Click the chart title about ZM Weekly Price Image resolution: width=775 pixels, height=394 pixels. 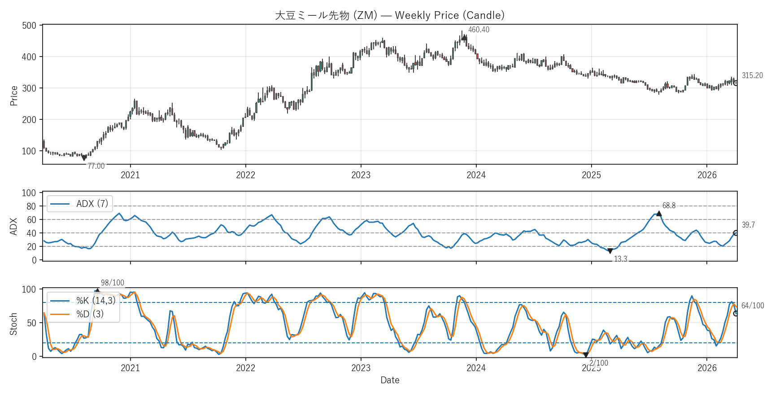pos(389,15)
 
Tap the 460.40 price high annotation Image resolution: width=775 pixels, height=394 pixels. pos(479,30)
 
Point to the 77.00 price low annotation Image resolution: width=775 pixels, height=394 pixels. pos(96,166)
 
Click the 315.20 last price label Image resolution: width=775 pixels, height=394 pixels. pos(752,75)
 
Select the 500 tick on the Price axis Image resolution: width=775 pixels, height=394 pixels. pos(29,26)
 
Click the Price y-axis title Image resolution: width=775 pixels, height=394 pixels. pos(14,96)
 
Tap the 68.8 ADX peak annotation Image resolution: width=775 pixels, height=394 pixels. pos(669,206)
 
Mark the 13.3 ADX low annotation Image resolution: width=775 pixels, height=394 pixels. pos(620,259)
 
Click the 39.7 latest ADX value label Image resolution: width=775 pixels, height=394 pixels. pos(748,225)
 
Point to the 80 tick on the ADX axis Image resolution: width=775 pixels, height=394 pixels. pos(31,206)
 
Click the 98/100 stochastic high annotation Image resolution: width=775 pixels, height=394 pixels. pos(112,283)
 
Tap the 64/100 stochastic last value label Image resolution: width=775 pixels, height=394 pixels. pos(753,306)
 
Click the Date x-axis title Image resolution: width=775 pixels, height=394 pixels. pos(390,380)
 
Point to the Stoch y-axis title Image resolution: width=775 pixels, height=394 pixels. pos(13,324)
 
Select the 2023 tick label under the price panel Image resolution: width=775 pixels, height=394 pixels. pos(361,175)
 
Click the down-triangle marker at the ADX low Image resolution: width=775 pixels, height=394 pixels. pos(610,251)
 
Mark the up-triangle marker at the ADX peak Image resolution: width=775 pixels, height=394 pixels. pos(659,214)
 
